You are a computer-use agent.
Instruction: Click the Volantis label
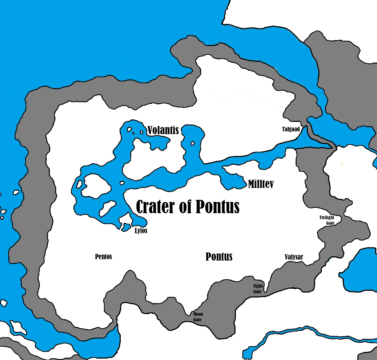coord(163,130)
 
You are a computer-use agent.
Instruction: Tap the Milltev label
coord(260,184)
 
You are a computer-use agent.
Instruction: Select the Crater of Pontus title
coord(187,207)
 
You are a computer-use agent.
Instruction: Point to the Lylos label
coord(141,231)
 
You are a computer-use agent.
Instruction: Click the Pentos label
coord(104,257)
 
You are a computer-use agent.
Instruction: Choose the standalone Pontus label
coord(219,257)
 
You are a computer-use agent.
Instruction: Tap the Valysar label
coord(294,257)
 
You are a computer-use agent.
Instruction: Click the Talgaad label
coord(291,129)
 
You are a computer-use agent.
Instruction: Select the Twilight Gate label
coord(327,220)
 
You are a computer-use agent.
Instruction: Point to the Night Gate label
coord(258,289)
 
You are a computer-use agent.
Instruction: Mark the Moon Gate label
coord(198,317)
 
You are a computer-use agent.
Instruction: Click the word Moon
coord(198,314)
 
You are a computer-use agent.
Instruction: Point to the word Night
coord(258,286)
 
